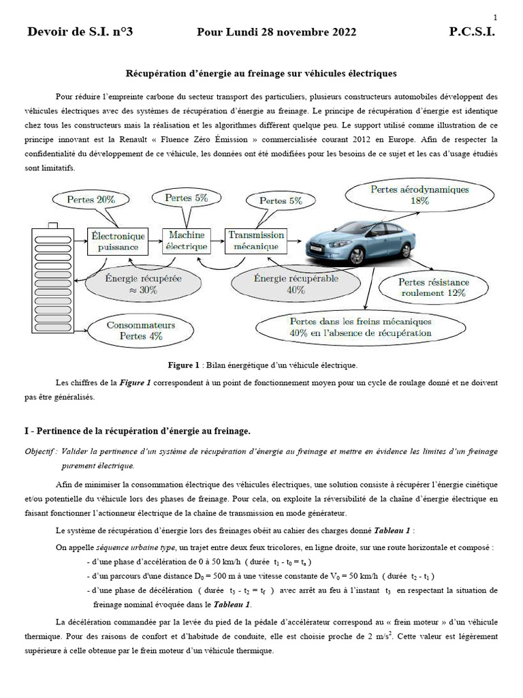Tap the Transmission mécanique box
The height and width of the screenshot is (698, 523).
(253, 240)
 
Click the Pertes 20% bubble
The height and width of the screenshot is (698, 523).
(91, 200)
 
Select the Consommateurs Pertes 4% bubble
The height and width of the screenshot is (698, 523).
(141, 331)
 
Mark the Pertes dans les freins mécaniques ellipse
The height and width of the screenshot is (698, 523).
(360, 327)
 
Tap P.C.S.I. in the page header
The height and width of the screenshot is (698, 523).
(472, 32)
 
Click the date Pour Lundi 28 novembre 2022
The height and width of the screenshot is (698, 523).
(276, 32)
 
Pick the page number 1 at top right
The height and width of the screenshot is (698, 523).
(495, 17)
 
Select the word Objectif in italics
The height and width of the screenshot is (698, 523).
(40, 451)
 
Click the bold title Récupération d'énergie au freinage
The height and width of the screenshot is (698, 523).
(261, 72)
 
